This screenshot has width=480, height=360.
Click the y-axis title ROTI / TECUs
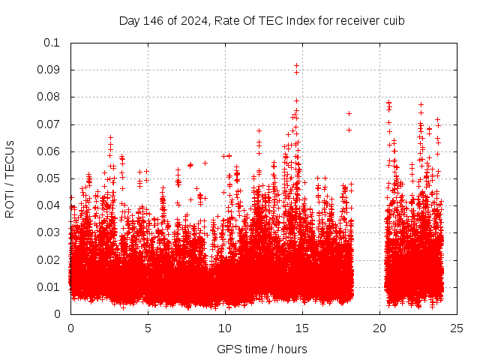pos(10,178)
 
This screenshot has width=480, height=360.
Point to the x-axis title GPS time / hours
pos(262,349)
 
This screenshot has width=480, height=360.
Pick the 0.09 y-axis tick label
pos(49,70)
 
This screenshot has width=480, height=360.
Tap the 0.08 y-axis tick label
pos(49,97)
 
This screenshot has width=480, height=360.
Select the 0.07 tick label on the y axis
pos(49,124)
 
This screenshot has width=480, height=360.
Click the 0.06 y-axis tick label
pos(49,151)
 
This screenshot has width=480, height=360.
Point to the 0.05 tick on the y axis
pos(49,178)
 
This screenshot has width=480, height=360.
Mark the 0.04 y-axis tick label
pos(49,205)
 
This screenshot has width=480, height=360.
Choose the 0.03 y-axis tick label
pos(49,232)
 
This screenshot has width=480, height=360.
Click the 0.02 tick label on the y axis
pos(49,259)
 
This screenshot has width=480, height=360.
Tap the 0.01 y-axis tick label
pos(49,286)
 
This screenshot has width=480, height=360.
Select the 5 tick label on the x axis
pos(148,328)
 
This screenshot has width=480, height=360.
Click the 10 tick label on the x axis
pos(225,328)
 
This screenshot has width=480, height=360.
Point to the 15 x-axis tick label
pos(302,328)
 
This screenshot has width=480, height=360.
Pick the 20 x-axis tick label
pos(379,328)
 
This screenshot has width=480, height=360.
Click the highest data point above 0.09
pos(296,66)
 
